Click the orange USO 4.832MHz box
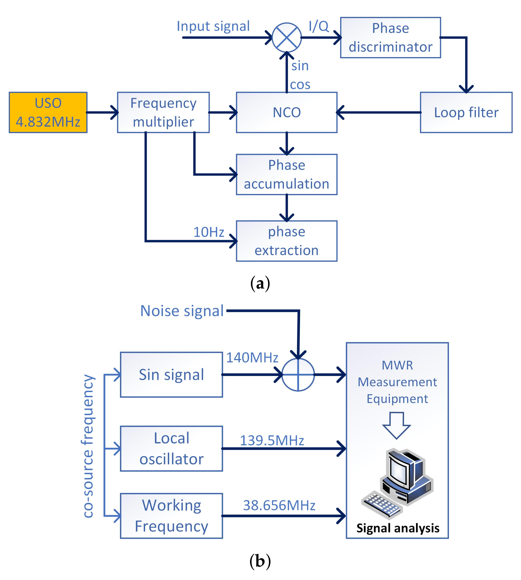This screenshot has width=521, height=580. point(48,112)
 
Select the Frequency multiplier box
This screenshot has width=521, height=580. point(163,112)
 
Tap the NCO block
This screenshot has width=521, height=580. point(287,112)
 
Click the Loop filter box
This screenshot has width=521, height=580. point(466,112)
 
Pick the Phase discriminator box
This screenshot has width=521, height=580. point(391,37)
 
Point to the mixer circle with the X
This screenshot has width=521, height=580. point(287,37)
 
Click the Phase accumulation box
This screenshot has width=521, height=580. point(287,174)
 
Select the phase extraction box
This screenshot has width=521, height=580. point(287,241)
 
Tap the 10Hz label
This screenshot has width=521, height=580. point(209,232)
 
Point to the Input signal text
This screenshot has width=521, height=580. point(213,26)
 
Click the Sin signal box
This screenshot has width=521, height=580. point(171,374)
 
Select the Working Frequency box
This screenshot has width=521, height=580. point(171,516)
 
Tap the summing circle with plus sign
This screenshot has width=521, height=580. point(298,374)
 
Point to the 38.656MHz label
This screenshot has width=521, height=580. point(279,505)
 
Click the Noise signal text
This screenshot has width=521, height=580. point(182,311)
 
